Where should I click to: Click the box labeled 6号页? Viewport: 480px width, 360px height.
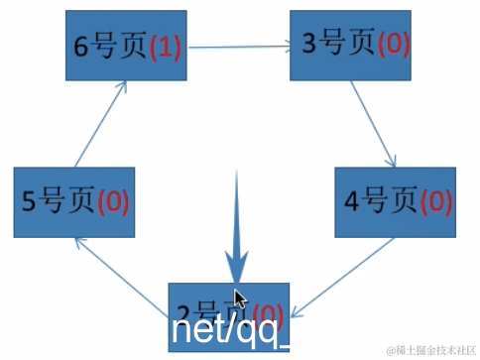tap(125, 48)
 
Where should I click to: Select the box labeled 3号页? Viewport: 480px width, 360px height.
tap(349, 46)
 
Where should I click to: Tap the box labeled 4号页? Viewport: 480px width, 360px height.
tap(394, 202)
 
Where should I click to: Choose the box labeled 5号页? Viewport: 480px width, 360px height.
tap(75, 201)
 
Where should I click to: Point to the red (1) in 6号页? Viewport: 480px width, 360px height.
tap(165, 49)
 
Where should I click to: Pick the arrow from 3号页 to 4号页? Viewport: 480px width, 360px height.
tap(374, 125)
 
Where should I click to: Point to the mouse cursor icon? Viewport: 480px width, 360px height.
tap(239, 300)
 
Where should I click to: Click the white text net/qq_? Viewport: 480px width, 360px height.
tap(230, 331)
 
